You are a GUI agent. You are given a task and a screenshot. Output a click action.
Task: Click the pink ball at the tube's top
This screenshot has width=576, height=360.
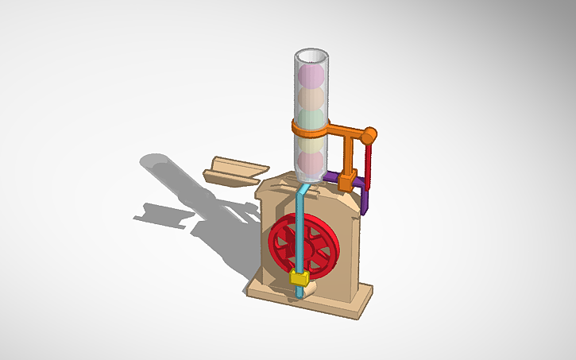311,76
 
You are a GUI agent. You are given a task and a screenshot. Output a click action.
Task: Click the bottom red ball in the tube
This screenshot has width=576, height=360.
311,164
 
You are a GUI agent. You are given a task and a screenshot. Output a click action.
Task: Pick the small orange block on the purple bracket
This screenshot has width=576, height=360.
346,180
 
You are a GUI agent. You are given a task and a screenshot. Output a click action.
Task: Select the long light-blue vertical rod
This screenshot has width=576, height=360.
300,230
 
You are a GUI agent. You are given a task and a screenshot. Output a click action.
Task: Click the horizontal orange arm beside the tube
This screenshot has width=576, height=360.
346,130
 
